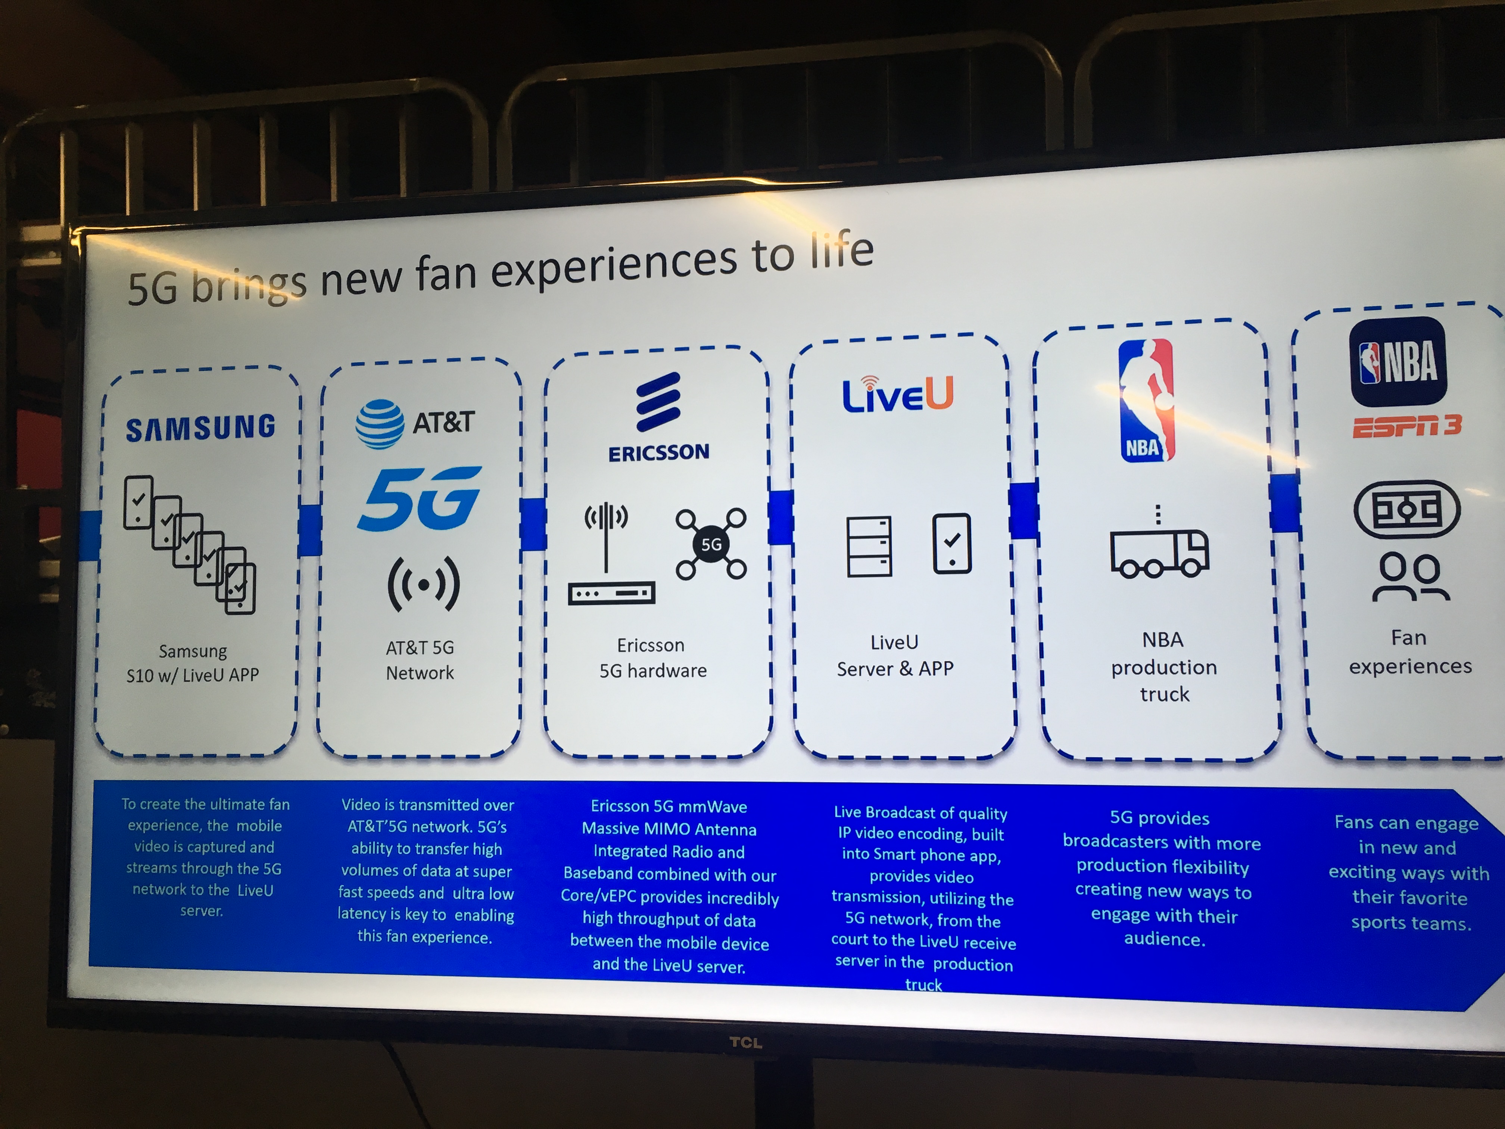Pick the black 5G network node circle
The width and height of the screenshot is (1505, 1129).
[711, 544]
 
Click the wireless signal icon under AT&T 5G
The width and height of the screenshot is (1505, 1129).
[423, 584]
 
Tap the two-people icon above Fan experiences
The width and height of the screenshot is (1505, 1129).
[1410, 577]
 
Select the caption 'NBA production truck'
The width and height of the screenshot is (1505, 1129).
[1163, 667]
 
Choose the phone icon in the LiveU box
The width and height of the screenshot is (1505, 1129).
[951, 543]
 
